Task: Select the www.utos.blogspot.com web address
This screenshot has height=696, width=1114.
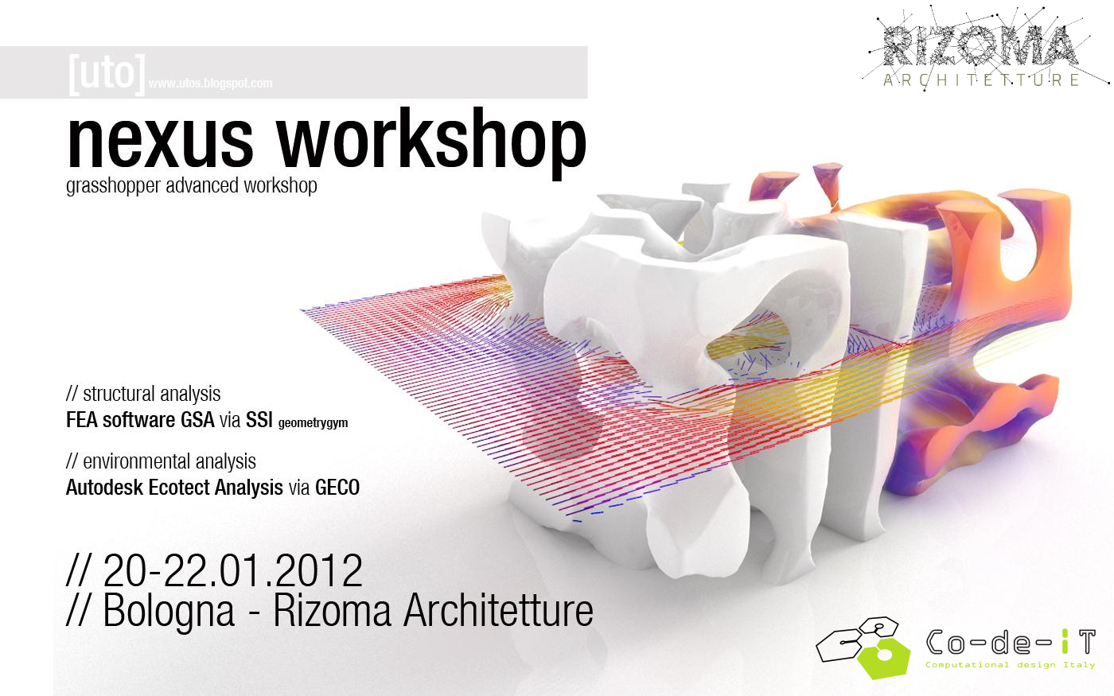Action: tap(210, 83)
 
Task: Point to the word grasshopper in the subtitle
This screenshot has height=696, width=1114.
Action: tap(113, 186)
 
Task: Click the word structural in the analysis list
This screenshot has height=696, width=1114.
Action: tap(119, 394)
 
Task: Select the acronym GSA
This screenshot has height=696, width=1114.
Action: tap(197, 420)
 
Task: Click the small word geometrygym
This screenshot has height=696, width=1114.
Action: tap(313, 423)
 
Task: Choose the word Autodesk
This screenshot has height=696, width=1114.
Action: tap(104, 488)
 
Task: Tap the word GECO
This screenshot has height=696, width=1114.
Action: tap(337, 488)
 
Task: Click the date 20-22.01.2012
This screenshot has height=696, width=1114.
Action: tap(232, 570)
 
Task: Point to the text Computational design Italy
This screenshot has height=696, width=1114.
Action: tap(1010, 665)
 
